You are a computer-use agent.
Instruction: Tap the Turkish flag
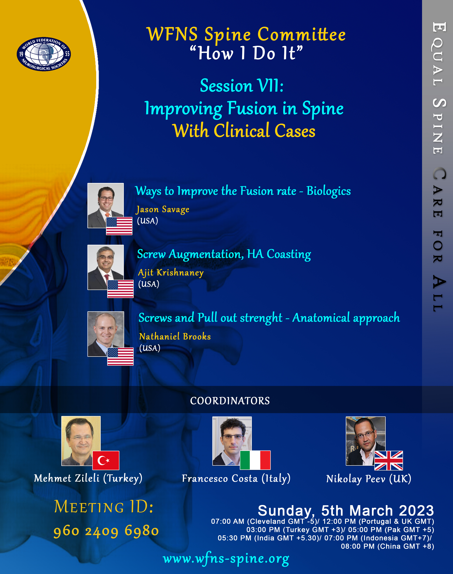point(106,460)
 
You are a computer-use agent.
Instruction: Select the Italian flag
point(255,460)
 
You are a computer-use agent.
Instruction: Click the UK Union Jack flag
point(389,460)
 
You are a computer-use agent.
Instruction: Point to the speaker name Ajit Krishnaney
point(171,273)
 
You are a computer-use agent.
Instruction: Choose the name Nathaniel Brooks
point(175,336)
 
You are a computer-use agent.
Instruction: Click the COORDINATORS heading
point(230,401)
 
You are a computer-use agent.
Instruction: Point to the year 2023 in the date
point(416,510)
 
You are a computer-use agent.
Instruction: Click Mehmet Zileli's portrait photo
point(81,441)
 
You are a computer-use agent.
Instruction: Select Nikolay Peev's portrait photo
point(365,441)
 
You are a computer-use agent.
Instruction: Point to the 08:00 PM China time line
point(387,546)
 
